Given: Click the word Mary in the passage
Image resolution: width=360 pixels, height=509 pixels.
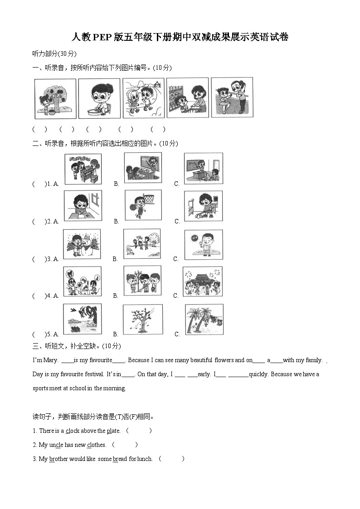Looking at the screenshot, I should [x=51, y=360].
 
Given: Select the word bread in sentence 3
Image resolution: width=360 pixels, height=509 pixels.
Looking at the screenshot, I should [x=120, y=459].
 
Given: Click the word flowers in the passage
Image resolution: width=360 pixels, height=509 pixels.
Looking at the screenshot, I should [x=224, y=360].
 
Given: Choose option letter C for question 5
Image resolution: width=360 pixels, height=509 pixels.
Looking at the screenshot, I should [x=177, y=334].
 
